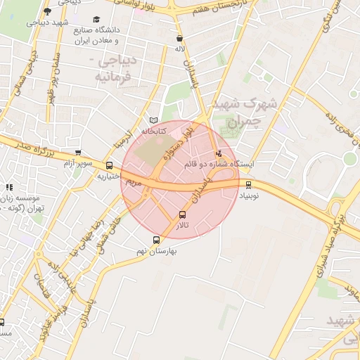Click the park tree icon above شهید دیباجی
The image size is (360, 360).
pos(47,11)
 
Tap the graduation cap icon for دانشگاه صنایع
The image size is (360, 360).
pos(96,20)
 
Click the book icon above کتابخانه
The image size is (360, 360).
pos(155,120)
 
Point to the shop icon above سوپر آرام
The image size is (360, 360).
pos(77,152)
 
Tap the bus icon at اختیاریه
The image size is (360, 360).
pos(109,166)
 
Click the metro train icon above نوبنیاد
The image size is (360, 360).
pos(248,184)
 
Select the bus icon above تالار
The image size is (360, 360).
pos(183,215)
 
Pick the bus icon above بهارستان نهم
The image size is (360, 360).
pos(156,240)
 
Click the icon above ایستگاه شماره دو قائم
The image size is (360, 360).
pos(218,153)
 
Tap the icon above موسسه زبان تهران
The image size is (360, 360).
pos(9,187)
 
